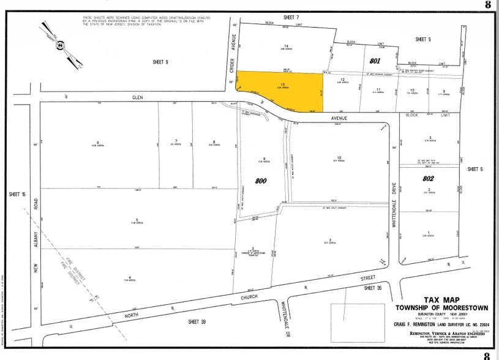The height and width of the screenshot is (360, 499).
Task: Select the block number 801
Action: tap(375, 61)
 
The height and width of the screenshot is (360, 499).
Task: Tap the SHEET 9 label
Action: tap(161, 62)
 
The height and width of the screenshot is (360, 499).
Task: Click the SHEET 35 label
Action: tap(372, 287)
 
